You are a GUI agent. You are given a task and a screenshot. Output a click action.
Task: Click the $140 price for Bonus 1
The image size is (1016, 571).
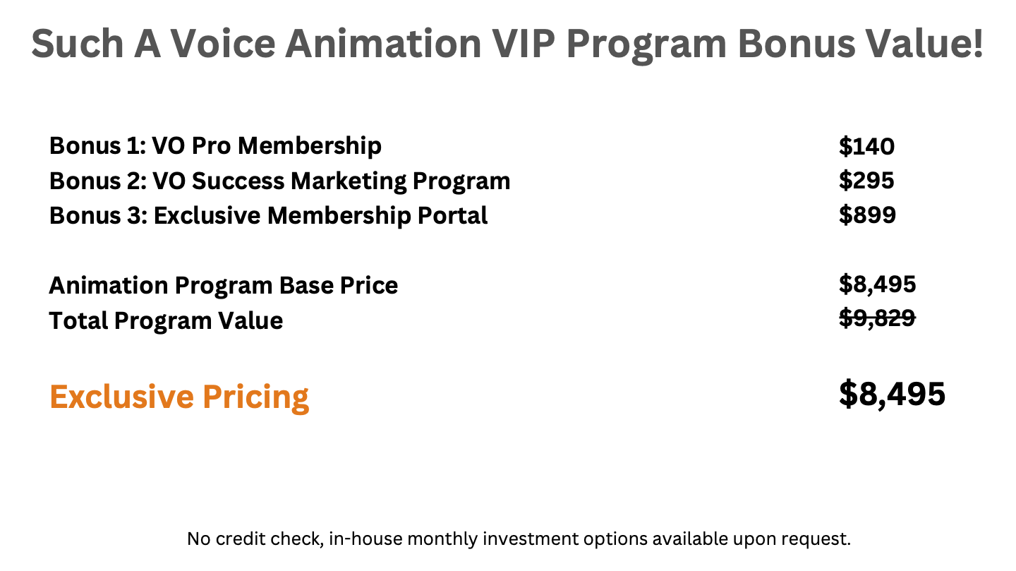pyautogui.click(x=866, y=146)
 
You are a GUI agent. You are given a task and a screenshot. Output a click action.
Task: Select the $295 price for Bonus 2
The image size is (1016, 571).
pyautogui.click(x=866, y=181)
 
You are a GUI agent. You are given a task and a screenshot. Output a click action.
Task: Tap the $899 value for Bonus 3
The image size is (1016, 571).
pyautogui.click(x=867, y=215)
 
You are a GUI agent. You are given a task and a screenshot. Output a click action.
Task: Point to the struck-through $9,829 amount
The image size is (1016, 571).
pyautogui.click(x=877, y=318)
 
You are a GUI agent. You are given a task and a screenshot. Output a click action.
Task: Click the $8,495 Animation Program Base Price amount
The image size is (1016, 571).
pyautogui.click(x=877, y=284)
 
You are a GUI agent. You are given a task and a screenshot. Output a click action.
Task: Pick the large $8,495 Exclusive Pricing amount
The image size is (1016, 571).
pyautogui.click(x=892, y=394)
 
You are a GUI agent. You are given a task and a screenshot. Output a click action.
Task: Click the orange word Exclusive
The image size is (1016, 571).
pyautogui.click(x=121, y=397)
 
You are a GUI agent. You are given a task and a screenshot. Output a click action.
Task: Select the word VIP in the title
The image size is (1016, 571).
pyautogui.click(x=524, y=44)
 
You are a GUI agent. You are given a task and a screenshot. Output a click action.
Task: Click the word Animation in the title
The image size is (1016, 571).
pyautogui.click(x=383, y=44)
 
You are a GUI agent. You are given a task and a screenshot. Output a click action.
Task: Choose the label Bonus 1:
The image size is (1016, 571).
pyautogui.click(x=97, y=146)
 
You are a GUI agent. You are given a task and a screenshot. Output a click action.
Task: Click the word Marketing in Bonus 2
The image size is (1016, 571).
pyautogui.click(x=349, y=181)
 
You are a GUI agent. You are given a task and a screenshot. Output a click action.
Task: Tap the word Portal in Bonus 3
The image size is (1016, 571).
pyautogui.click(x=452, y=215)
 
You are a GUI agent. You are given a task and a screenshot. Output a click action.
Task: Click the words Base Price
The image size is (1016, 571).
pyautogui.click(x=339, y=286)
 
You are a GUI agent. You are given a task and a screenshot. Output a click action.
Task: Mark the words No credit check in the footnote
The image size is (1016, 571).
pyautogui.click(x=255, y=539)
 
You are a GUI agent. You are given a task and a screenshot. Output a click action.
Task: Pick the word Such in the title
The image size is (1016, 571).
pyautogui.click(x=78, y=44)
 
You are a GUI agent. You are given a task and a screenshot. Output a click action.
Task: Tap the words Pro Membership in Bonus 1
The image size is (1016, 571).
pyautogui.click(x=286, y=147)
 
